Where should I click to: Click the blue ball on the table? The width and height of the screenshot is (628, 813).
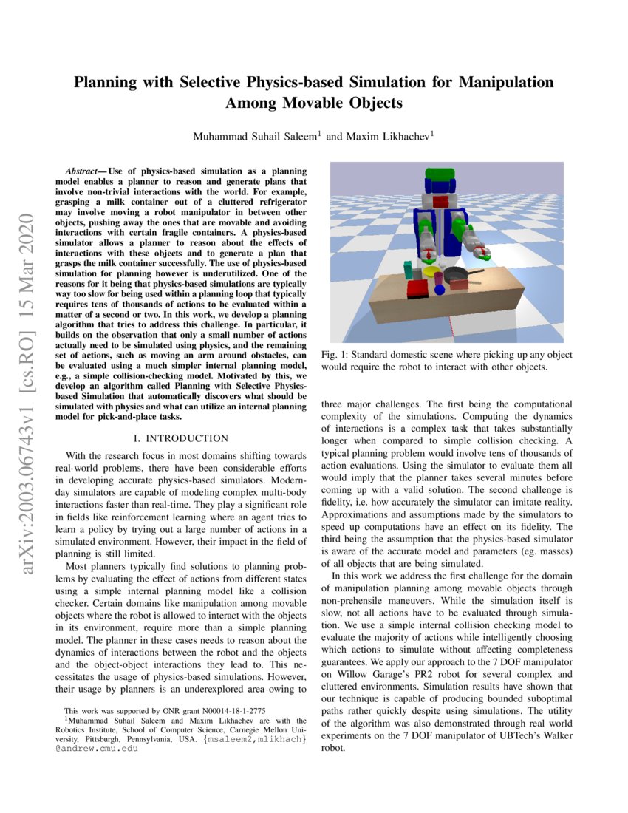pyautogui.click(x=440, y=290)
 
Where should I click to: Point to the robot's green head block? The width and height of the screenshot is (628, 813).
pyautogui.click(x=440, y=178)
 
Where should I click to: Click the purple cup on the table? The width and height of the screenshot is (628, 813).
pyautogui.click(x=439, y=278)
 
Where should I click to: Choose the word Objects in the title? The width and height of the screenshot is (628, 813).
pyautogui.click(x=366, y=103)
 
